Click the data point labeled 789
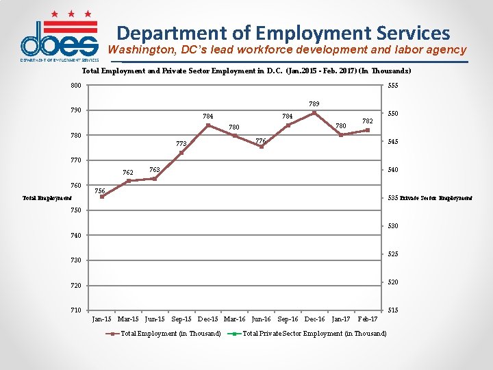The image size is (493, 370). (x=314, y=113)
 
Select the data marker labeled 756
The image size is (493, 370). (x=102, y=197)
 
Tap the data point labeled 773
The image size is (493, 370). (x=181, y=153)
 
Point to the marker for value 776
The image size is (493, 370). (x=261, y=147)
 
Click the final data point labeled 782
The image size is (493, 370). (x=368, y=130)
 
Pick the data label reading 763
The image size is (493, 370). (x=155, y=169)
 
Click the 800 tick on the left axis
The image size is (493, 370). (x=75, y=85)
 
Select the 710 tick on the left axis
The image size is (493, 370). (x=75, y=310)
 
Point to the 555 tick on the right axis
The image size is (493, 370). (x=394, y=86)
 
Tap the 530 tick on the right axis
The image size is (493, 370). (x=394, y=226)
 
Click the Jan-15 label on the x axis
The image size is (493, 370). (x=102, y=319)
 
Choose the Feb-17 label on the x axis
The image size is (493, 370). (x=368, y=319)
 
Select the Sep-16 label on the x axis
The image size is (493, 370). (x=288, y=319)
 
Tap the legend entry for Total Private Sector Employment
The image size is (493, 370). (x=314, y=334)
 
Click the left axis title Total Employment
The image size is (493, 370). (x=47, y=198)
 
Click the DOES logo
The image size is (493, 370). (x=59, y=38)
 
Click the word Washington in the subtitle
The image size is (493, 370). (x=142, y=50)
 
